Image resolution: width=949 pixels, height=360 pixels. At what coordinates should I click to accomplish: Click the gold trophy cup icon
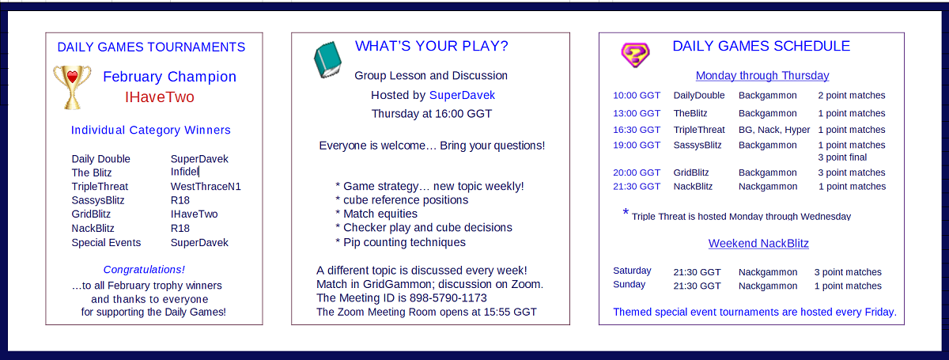coord(72,87)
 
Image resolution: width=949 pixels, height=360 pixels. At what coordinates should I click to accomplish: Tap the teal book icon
coord(327,60)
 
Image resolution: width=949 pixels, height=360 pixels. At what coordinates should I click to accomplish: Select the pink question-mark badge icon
coord(635,55)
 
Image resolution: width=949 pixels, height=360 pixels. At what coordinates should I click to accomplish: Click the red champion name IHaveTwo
coord(159,97)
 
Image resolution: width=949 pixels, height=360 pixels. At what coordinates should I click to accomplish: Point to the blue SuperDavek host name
coord(462,95)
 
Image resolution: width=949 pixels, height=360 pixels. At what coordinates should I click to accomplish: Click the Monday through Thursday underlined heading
coord(762,75)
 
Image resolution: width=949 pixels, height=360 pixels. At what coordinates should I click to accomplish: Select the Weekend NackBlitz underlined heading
coord(758,244)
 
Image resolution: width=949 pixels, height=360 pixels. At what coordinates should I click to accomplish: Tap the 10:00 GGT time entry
coord(637,96)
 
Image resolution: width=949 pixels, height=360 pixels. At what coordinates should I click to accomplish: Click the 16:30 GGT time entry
coord(637,130)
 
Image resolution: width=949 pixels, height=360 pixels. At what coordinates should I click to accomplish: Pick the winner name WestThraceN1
coord(206,187)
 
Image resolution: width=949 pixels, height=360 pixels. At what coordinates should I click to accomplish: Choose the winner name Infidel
coord(184,172)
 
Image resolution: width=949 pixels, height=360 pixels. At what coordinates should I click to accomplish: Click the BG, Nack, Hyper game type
coord(774,130)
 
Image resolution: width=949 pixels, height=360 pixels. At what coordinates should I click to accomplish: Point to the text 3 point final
coord(842,157)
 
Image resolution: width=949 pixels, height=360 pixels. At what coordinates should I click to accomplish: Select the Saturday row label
coord(632,271)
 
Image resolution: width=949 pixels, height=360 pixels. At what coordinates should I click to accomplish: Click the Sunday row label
coord(630,284)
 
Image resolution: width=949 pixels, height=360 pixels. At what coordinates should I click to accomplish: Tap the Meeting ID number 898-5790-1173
coord(448,298)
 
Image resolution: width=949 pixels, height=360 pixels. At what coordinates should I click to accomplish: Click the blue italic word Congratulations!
coord(144,270)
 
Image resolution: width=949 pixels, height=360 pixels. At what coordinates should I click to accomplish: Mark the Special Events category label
coord(106,243)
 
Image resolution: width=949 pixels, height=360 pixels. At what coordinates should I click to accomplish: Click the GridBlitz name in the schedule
coord(691,172)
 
